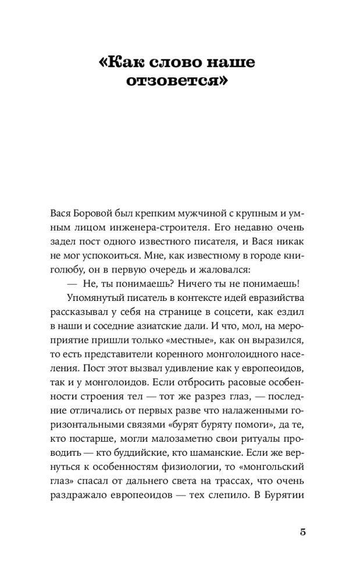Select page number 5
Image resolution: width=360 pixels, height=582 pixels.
302,533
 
